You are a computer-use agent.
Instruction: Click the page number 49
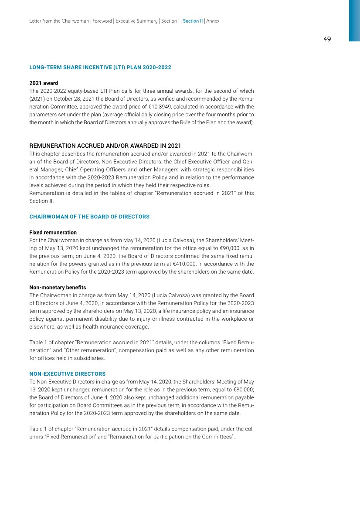[x=327, y=39]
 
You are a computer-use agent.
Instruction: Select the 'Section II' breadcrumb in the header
[x=193, y=21]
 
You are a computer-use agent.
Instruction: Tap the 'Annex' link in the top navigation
[x=213, y=21]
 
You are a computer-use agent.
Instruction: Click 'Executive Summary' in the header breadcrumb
[x=136, y=21]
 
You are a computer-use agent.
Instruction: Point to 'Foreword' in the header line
[x=100, y=21]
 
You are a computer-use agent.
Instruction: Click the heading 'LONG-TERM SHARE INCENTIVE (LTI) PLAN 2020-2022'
[x=100, y=68]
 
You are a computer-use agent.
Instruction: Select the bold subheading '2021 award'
[x=44, y=83]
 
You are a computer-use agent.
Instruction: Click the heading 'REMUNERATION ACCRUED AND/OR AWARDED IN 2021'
[x=105, y=146]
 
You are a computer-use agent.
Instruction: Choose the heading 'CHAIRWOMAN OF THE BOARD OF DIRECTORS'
[x=89, y=217]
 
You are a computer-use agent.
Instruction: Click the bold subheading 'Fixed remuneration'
[x=53, y=232]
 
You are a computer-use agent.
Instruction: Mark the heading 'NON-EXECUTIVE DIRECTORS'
[x=68, y=374]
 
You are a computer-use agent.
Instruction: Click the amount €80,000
[x=241, y=389]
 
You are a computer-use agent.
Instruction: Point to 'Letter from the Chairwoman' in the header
[x=59, y=21]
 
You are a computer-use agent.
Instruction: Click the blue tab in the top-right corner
[x=354, y=20]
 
